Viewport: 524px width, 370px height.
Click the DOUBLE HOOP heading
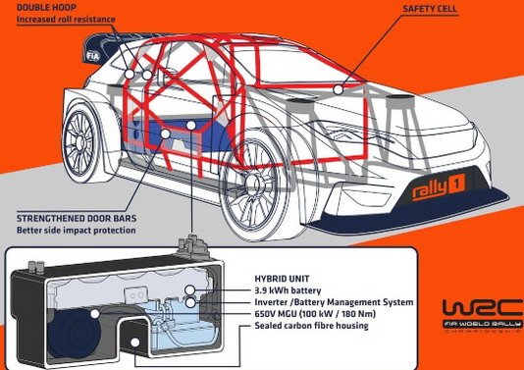click(x=34, y=8)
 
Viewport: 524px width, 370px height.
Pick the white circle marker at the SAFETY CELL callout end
click(x=339, y=89)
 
